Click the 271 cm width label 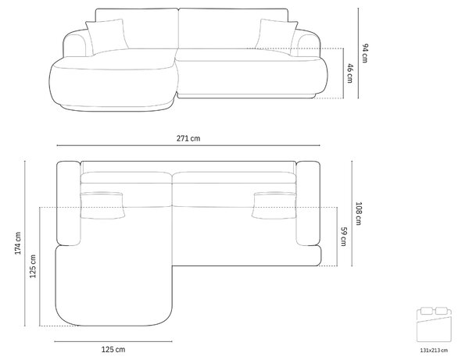(x=188, y=138)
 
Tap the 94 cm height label (x=365, y=53)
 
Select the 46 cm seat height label (x=350, y=73)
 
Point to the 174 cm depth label (x=18, y=243)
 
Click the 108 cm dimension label (x=359, y=214)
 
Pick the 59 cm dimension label (x=344, y=237)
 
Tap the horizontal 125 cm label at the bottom (x=113, y=349)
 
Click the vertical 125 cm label (x=33, y=266)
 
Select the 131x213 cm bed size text (x=434, y=350)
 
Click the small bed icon (x=434, y=325)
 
